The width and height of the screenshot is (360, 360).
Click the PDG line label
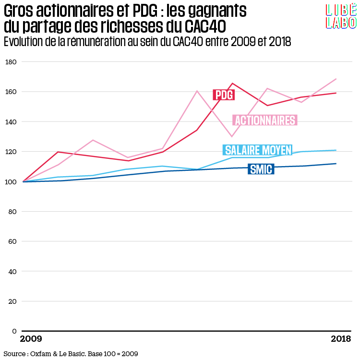(224, 95)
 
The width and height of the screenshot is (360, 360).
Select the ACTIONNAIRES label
(264, 120)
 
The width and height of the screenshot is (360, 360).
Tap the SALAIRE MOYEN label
(258, 150)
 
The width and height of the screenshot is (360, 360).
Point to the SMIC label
(261, 169)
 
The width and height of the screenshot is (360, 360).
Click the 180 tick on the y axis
(11, 62)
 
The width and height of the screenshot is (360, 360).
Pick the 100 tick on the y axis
(11, 181)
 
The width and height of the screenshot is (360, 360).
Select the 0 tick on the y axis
(14, 331)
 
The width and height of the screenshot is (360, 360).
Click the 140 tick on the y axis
(11, 122)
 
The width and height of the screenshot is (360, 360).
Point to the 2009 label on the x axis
(31, 339)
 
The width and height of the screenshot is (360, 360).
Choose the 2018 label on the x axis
(341, 339)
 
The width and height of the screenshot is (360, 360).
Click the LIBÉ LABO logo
(341, 16)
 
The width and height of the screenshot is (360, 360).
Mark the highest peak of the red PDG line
(233, 84)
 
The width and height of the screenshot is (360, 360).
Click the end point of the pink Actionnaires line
(336, 79)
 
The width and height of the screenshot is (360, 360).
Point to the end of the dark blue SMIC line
(336, 164)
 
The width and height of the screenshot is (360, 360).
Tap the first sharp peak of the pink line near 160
(197, 91)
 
